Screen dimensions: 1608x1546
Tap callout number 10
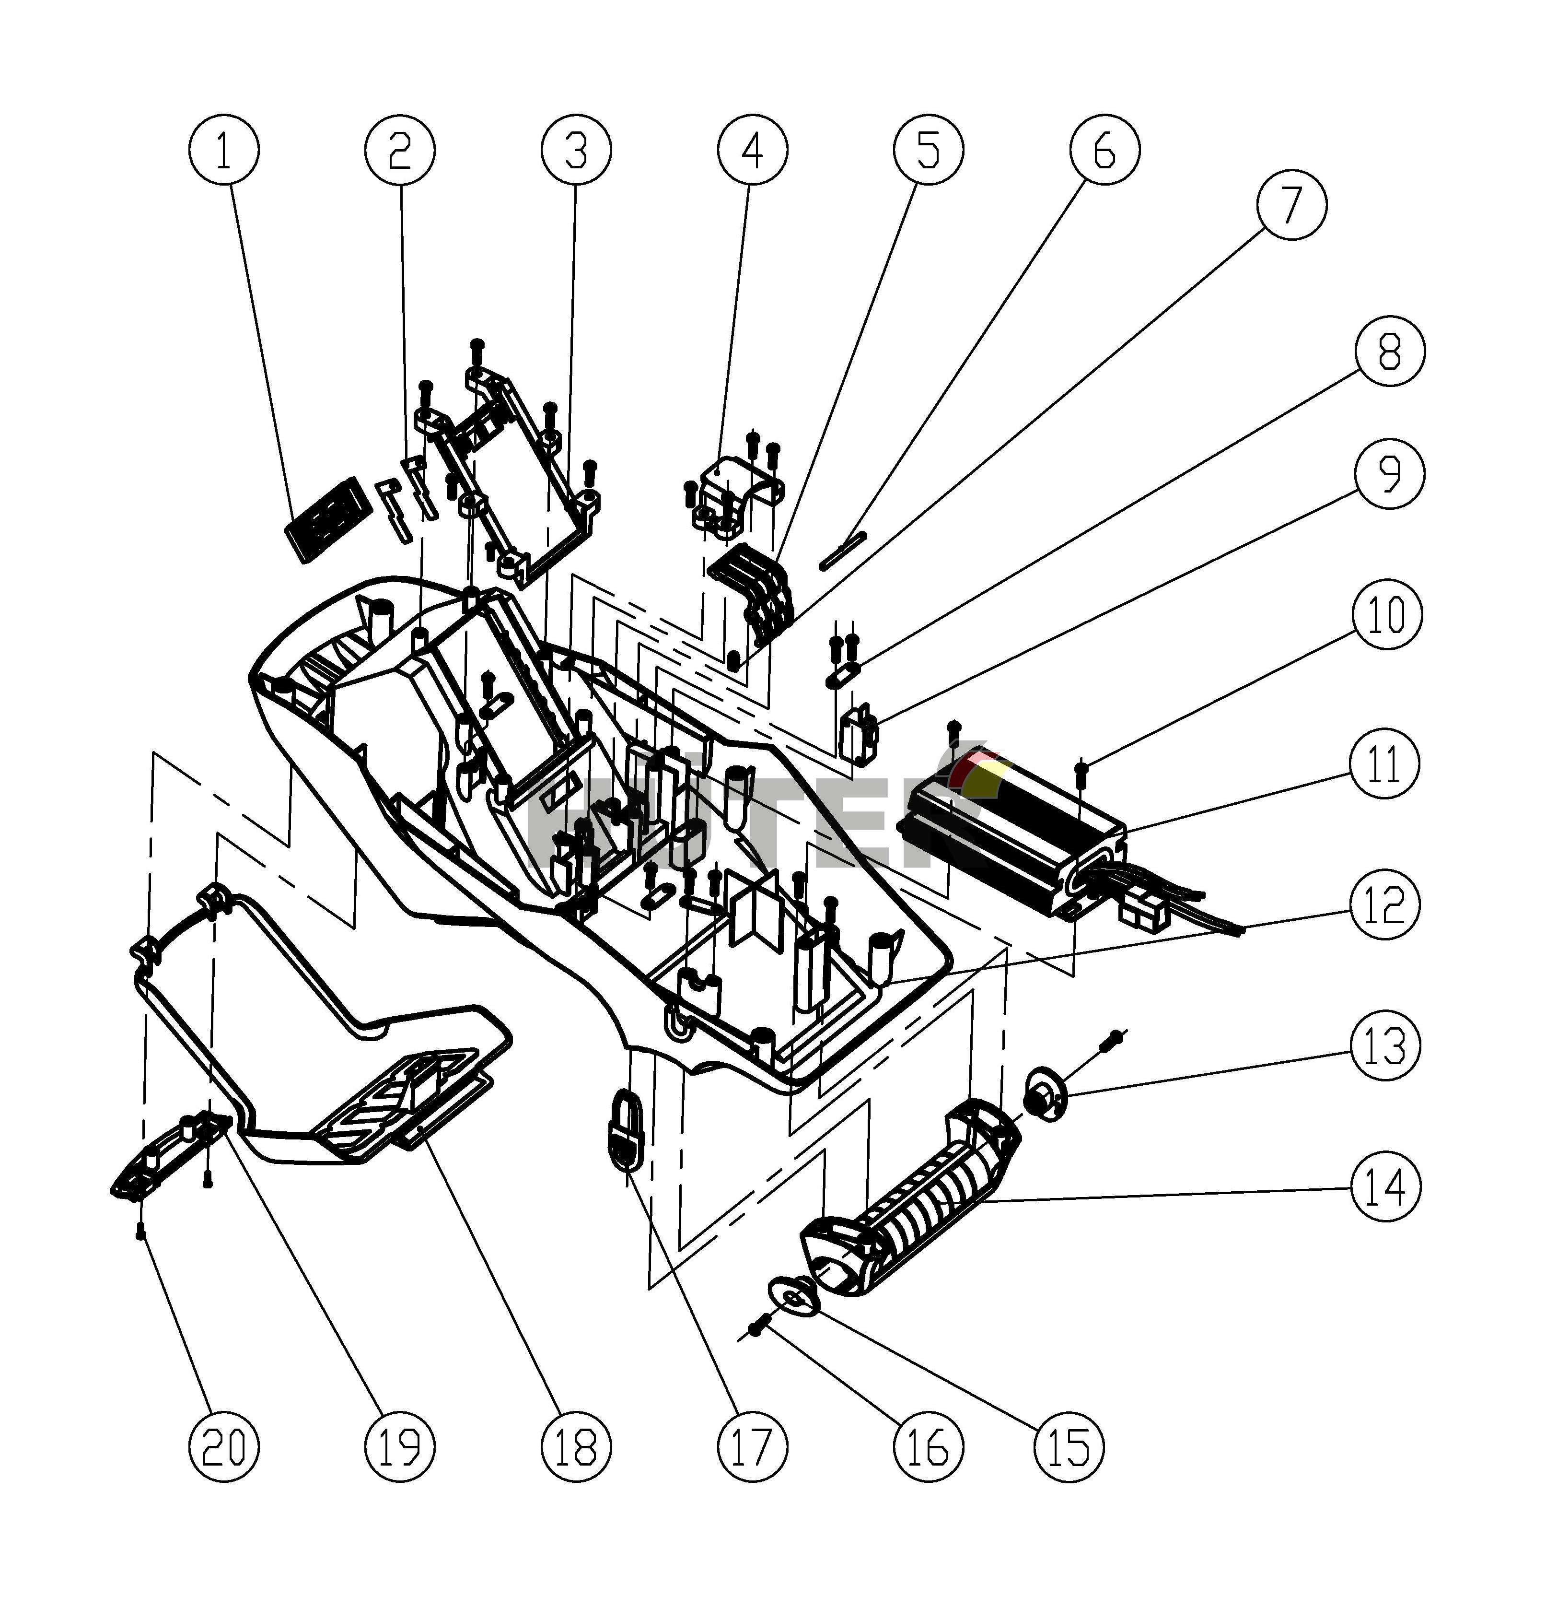[x=1386, y=614]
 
